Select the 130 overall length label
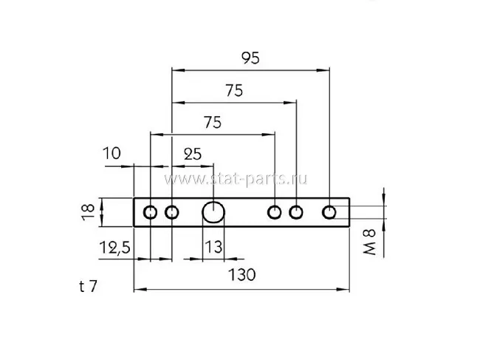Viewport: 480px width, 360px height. pyautogui.click(x=241, y=274)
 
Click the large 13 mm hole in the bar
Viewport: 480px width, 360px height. pyautogui.click(x=214, y=212)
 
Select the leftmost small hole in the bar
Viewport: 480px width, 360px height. pyautogui.click(x=150, y=213)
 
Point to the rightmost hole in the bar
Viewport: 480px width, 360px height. pyautogui.click(x=329, y=212)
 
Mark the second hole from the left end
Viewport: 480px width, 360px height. pyautogui.click(x=172, y=213)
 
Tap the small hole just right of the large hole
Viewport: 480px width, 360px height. pyautogui.click(x=275, y=213)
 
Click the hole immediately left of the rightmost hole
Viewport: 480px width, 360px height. pyautogui.click(x=296, y=213)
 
